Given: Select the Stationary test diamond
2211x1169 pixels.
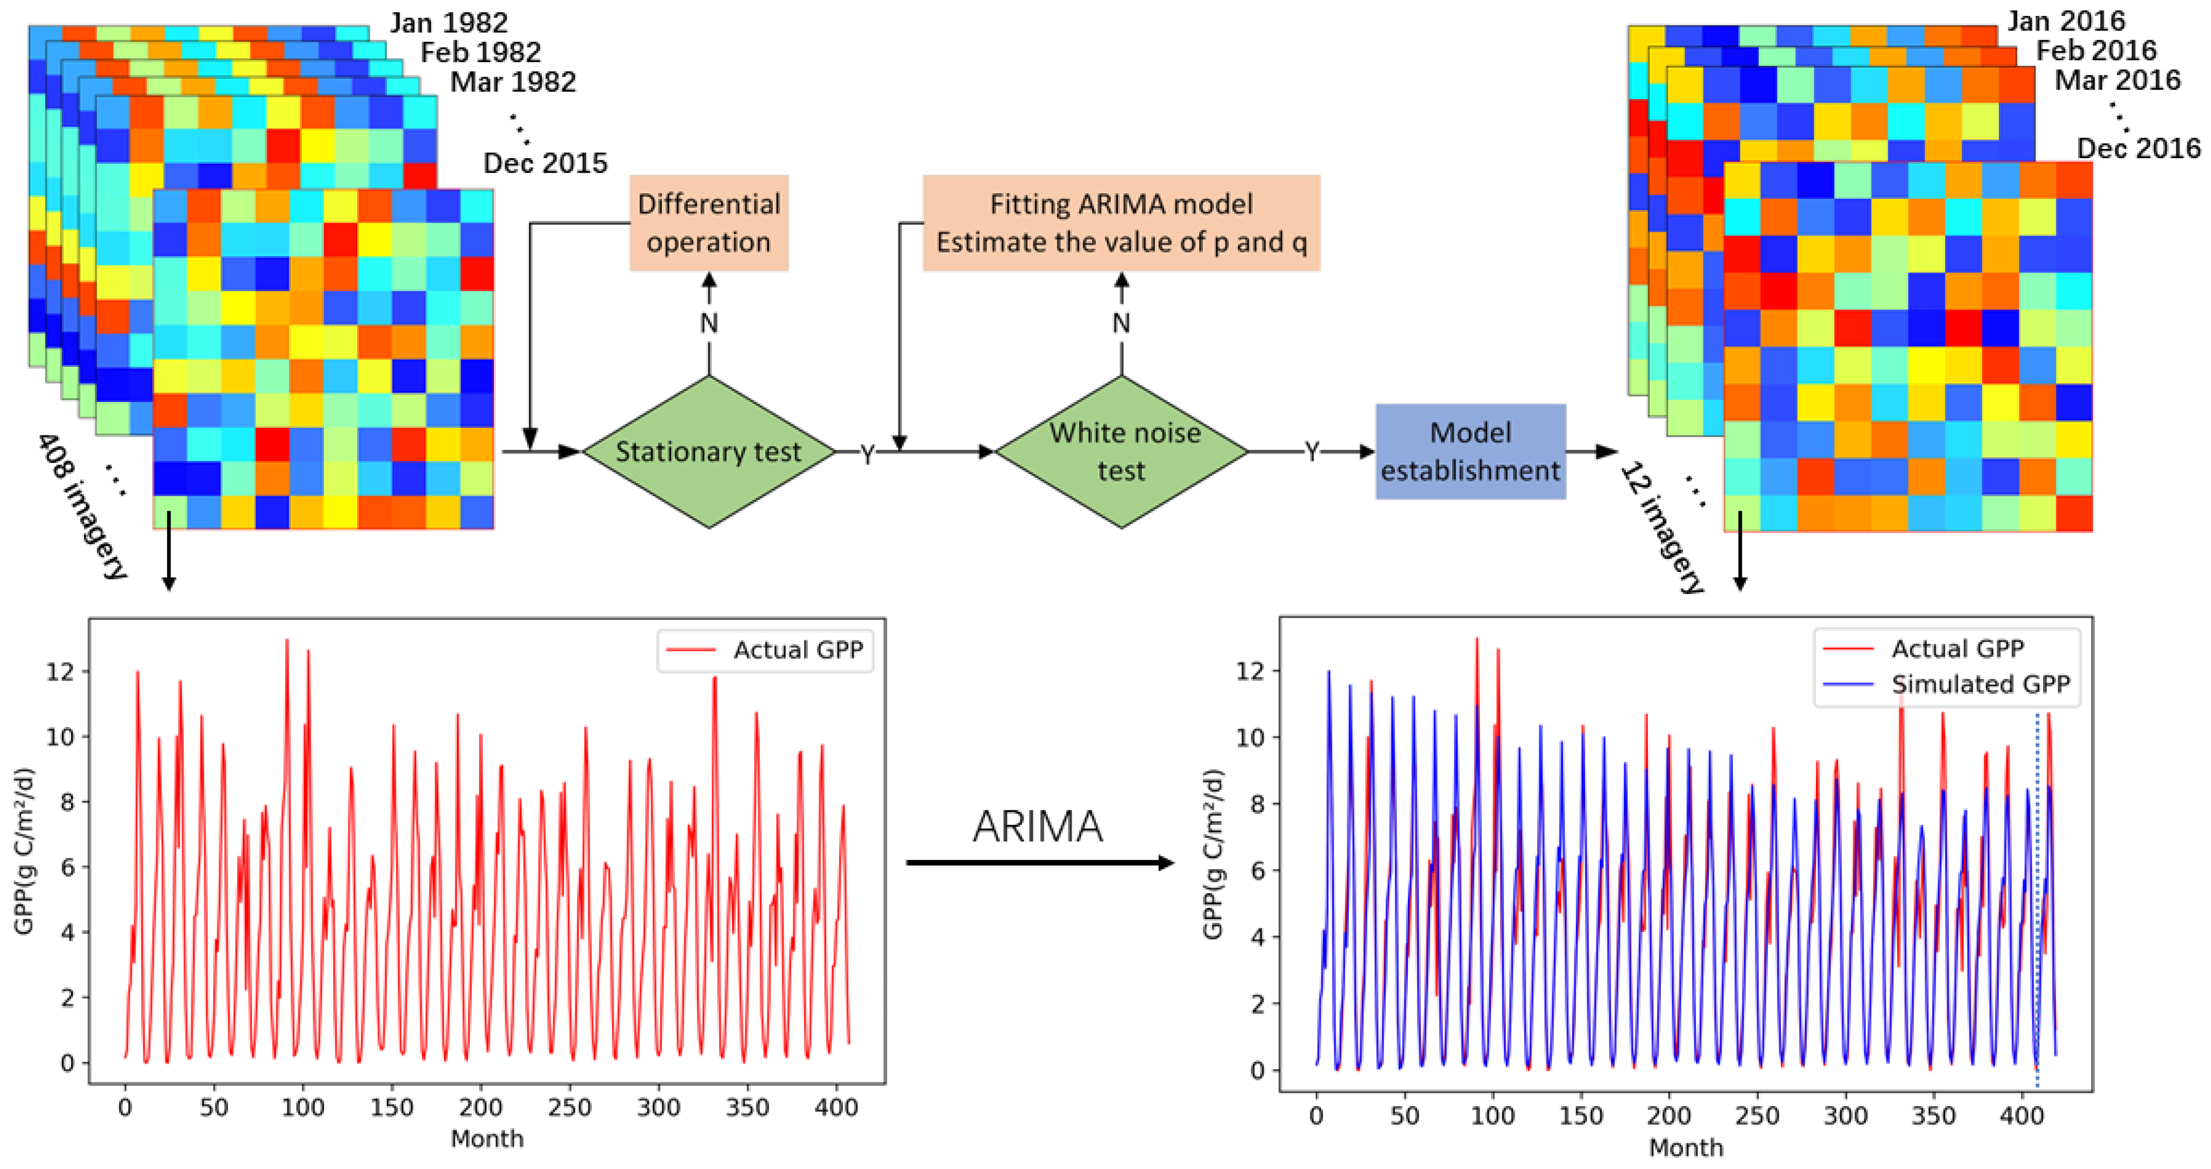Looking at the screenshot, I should point(708,451).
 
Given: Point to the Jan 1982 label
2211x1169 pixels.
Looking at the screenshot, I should point(449,22).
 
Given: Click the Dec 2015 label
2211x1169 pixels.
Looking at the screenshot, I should point(545,163).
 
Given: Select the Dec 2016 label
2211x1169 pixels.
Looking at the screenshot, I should point(2138,148).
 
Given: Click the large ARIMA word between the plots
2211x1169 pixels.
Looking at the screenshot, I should point(1037,826).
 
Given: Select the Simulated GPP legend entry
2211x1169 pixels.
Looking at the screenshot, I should point(1980,684).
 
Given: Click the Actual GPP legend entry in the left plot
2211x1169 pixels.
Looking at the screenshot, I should point(797,650).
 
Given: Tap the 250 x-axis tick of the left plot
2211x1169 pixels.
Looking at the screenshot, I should point(569,1107).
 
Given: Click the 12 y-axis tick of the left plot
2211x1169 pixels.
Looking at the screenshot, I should point(60,671).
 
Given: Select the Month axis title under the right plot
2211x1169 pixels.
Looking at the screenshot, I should point(1686,1147).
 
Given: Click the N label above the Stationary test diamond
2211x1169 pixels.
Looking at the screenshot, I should point(708,324).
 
